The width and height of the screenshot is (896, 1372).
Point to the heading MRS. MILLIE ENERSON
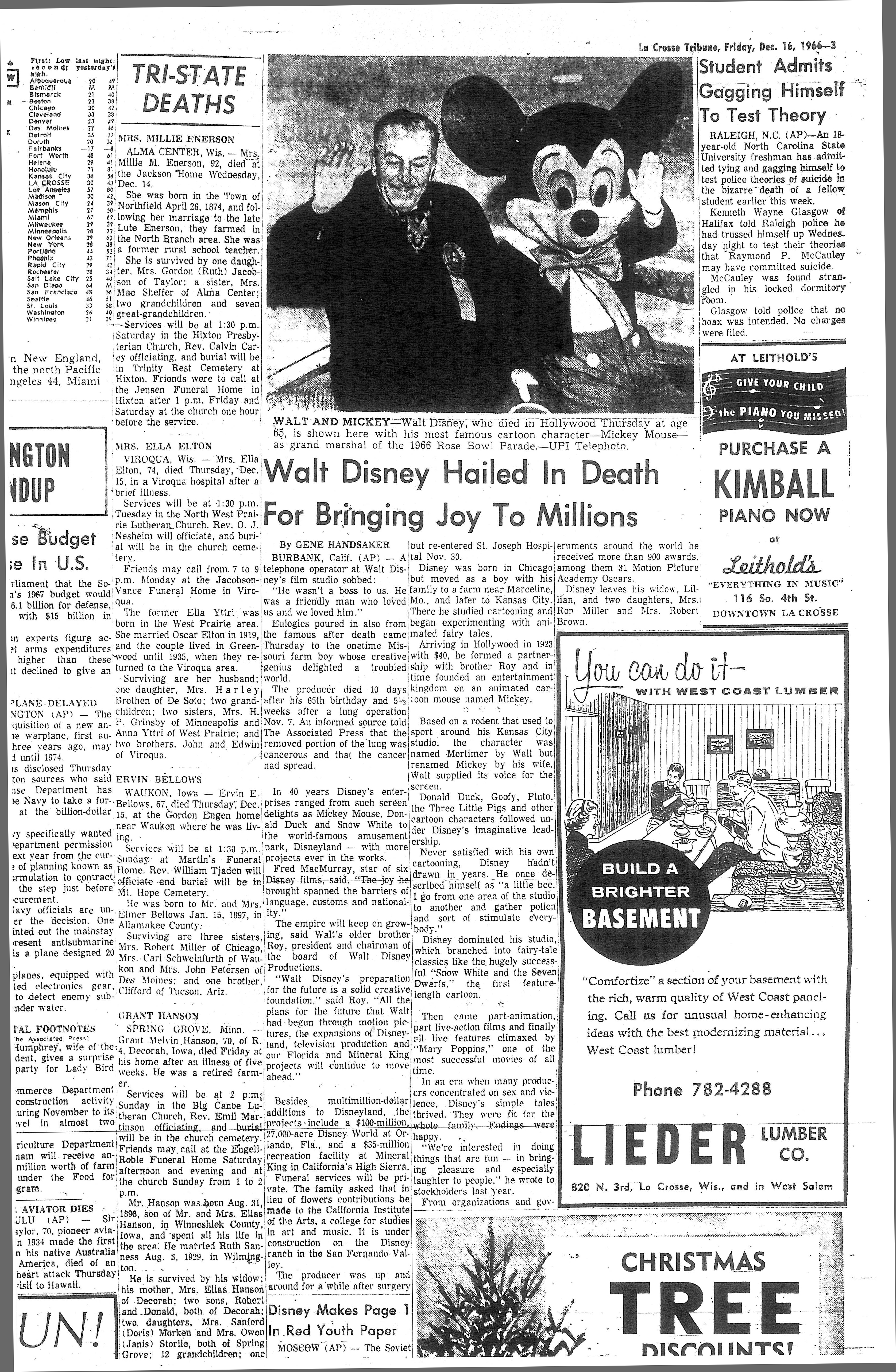tap(176, 139)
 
